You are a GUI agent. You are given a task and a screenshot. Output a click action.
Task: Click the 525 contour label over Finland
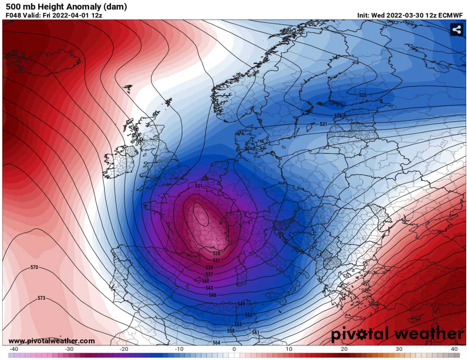(363, 95)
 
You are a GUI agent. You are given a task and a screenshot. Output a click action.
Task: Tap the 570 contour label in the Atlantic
(35, 268)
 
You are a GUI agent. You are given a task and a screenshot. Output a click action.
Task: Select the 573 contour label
(42, 298)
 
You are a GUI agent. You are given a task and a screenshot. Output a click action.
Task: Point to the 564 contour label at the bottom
(217, 343)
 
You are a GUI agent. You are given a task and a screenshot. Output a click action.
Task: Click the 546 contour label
(212, 295)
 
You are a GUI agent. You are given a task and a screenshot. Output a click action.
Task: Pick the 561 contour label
(255, 332)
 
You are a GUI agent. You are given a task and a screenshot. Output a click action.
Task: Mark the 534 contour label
(209, 268)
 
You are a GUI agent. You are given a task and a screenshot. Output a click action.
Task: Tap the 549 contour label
(241, 303)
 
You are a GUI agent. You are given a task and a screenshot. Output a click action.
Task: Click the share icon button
(457, 30)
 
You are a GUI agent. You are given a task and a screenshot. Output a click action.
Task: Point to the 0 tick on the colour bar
(234, 349)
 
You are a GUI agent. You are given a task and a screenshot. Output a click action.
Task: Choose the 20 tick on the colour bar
(344, 349)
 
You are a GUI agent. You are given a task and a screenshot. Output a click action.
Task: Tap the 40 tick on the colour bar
(453, 349)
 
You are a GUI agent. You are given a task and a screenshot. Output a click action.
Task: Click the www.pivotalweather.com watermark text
(51, 341)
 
